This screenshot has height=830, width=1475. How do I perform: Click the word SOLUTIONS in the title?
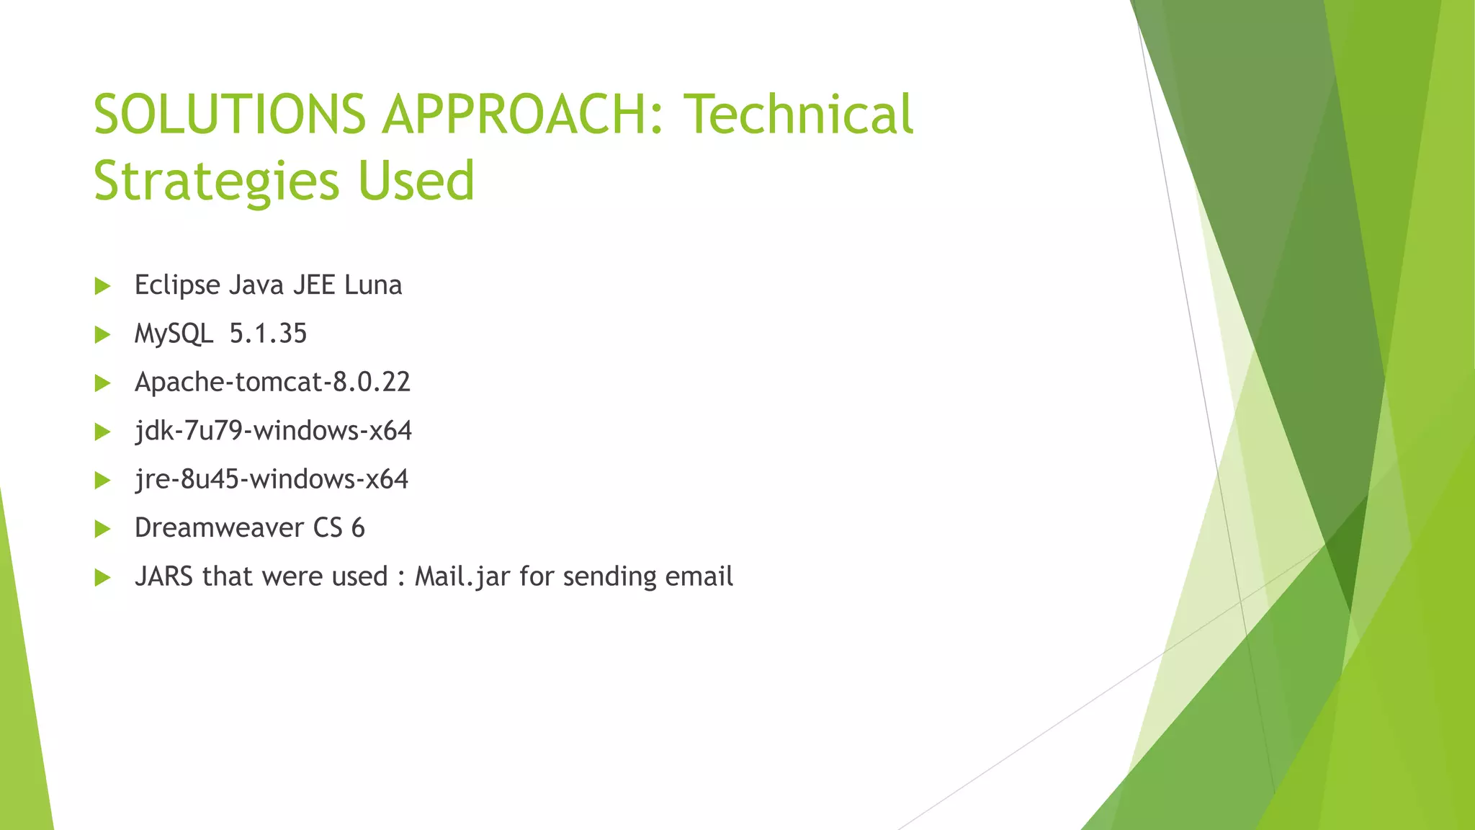pos(230,115)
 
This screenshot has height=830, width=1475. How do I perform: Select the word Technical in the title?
pos(798,115)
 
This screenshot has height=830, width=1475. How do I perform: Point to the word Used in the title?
pos(416,181)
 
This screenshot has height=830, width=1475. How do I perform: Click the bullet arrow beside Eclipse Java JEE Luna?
pos(102,286)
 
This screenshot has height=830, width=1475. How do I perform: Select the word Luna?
pos(373,285)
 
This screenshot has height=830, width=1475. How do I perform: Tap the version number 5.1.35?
pos(268,334)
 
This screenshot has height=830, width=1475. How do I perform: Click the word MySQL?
pos(174,334)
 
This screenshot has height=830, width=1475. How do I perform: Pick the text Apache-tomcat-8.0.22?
pos(272,382)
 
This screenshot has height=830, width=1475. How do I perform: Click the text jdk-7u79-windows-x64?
pos(273,431)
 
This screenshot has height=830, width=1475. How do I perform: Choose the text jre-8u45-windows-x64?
pos(272,479)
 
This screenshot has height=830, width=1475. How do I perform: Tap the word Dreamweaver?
pos(219,528)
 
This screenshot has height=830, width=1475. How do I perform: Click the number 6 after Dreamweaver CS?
pos(358,528)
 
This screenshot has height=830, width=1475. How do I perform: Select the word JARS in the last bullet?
pos(163,576)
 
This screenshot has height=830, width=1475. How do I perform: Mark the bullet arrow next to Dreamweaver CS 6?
pos(102,529)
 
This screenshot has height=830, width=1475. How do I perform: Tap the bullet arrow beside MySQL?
pos(102,334)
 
